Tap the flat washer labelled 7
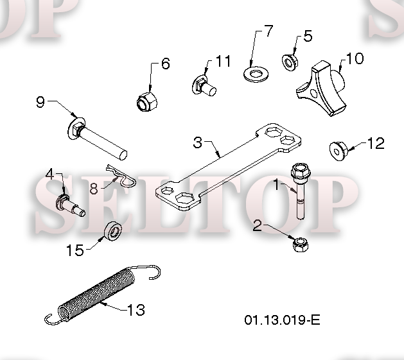[x=256, y=74]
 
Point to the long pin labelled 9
[x=98, y=139]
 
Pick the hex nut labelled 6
[x=147, y=101]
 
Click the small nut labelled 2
[x=301, y=244]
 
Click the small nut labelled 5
[x=290, y=62]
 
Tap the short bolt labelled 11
[x=204, y=85]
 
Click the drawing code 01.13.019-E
[x=282, y=320]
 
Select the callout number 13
[x=136, y=310]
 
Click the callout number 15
[x=75, y=250]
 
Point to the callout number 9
[x=40, y=102]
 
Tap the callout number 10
[x=355, y=58]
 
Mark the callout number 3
[x=198, y=142]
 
